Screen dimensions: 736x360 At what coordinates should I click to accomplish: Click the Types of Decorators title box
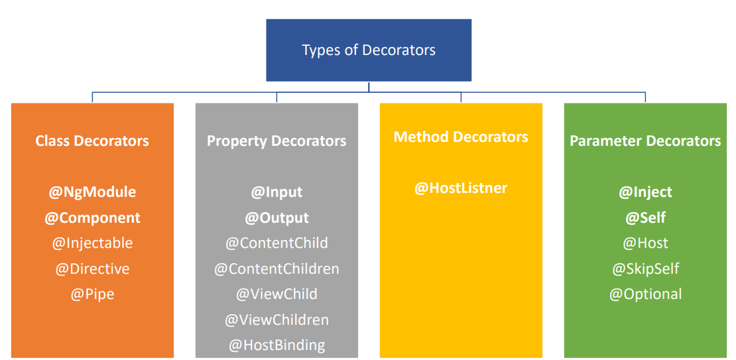pyautogui.click(x=369, y=50)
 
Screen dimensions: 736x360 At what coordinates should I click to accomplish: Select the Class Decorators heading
pyautogui.click(x=92, y=141)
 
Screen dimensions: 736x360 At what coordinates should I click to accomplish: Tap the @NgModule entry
pyautogui.click(x=92, y=192)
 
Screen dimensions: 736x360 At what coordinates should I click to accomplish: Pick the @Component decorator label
pyautogui.click(x=92, y=217)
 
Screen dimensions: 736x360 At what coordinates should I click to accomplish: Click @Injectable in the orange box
pyautogui.click(x=92, y=243)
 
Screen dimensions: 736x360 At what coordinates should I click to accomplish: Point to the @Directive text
pyautogui.click(x=92, y=269)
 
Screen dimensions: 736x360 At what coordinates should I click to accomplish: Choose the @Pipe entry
pyautogui.click(x=92, y=294)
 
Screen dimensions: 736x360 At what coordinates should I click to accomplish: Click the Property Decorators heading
pyautogui.click(x=276, y=141)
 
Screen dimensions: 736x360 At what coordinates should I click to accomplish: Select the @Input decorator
pyautogui.click(x=276, y=192)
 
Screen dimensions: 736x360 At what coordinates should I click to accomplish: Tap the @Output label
pyautogui.click(x=276, y=217)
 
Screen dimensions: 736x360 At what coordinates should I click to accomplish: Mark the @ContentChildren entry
pyautogui.click(x=276, y=269)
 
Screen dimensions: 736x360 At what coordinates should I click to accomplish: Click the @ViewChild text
pyautogui.click(x=276, y=294)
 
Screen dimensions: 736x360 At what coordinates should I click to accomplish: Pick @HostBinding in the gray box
pyautogui.click(x=276, y=345)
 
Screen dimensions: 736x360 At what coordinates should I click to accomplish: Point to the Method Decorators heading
pyautogui.click(x=460, y=137)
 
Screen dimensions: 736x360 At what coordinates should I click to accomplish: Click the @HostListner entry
pyautogui.click(x=460, y=188)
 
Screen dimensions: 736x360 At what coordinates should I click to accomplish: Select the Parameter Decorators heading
pyautogui.click(x=645, y=141)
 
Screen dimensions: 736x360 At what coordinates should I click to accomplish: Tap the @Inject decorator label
pyautogui.click(x=645, y=192)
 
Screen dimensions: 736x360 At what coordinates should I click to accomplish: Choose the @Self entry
pyautogui.click(x=645, y=217)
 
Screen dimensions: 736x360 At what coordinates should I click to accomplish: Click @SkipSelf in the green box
pyautogui.click(x=645, y=269)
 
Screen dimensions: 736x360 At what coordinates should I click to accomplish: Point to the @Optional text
pyautogui.click(x=645, y=294)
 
